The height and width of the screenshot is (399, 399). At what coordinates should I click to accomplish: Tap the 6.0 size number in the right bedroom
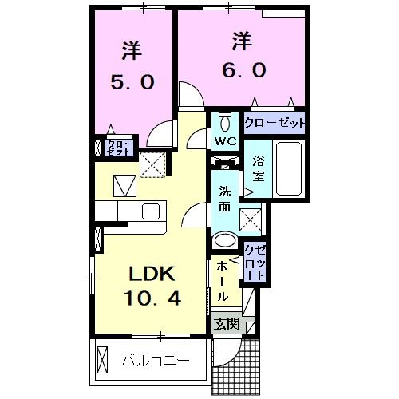[238, 69]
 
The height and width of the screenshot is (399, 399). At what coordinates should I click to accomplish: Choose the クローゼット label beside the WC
[275, 124]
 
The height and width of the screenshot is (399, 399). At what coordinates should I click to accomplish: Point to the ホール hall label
[224, 279]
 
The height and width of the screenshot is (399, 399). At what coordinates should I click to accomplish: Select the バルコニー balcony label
[156, 361]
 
